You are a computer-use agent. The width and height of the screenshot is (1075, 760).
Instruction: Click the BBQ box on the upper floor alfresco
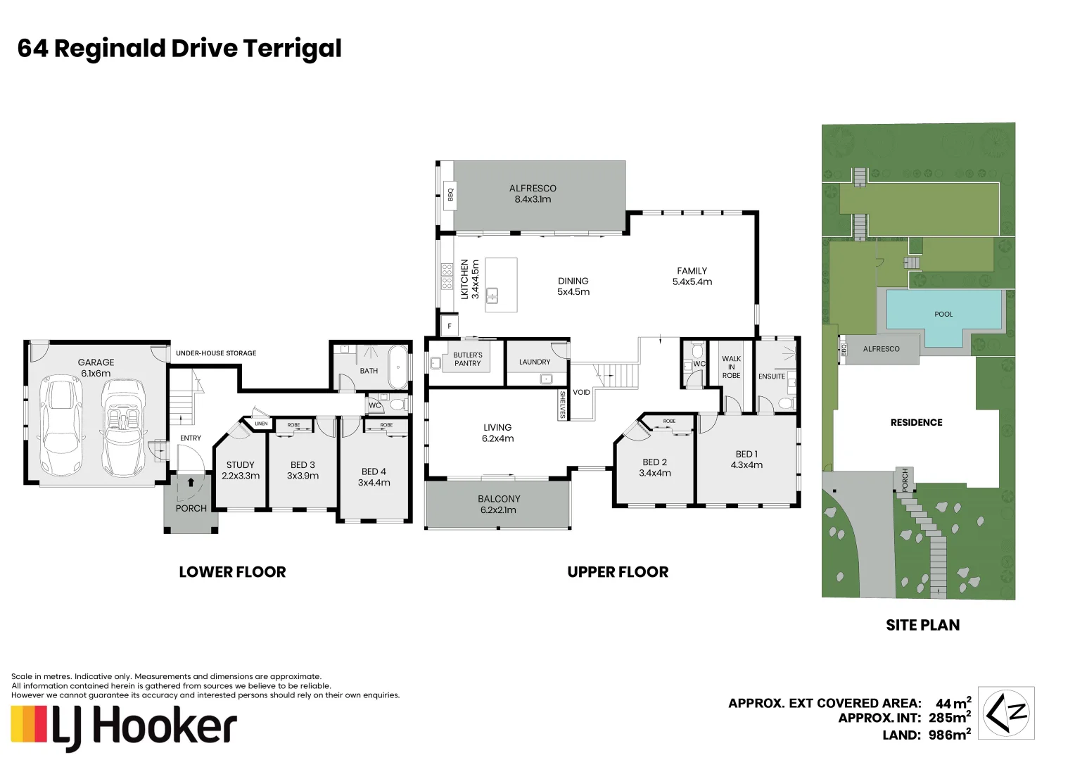[450, 194]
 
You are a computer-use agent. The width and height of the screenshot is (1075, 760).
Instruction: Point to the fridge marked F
[449, 326]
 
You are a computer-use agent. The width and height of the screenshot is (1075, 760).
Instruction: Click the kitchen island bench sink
[493, 295]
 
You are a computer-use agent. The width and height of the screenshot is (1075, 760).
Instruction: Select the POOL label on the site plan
[943, 314]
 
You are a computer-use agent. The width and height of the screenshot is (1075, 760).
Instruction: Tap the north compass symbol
[1007, 713]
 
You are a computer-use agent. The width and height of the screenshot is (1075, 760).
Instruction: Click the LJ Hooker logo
[124, 727]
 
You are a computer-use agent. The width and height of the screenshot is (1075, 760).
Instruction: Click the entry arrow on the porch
[191, 483]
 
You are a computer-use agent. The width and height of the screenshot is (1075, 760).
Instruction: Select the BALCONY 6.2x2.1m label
[499, 504]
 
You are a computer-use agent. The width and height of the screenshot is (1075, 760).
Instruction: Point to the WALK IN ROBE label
[731, 367]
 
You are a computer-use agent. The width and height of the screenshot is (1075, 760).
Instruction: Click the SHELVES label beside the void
[562, 404]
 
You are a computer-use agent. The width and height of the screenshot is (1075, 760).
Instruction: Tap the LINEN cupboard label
[261, 424]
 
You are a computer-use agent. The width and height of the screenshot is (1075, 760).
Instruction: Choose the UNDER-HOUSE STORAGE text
[216, 353]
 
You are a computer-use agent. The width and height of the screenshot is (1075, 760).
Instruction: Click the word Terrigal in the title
[292, 49]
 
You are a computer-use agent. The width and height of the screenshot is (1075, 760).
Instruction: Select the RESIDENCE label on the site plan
[916, 422]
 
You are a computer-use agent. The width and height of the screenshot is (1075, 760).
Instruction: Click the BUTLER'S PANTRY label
[467, 359]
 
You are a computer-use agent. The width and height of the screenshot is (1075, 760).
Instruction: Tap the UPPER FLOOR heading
[618, 572]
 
